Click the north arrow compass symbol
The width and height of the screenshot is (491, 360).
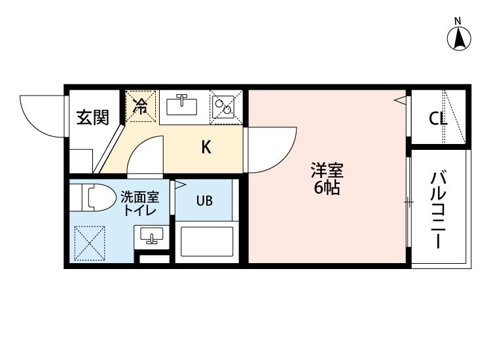pos(459,39)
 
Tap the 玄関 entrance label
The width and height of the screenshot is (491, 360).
pos(93,117)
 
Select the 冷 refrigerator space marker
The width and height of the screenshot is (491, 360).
pos(141,106)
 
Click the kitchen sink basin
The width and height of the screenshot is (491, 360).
pos(181,106)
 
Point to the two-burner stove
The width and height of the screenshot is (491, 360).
pos(223,107)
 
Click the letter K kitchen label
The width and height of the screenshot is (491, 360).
pos(206,147)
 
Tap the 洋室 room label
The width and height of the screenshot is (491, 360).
pos(327,170)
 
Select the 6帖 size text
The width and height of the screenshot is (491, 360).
pos(327,187)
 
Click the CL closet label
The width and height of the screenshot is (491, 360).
pos(438,118)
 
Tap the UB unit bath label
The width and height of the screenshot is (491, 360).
pos(204,201)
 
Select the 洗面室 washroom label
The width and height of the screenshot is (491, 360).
pos(140,197)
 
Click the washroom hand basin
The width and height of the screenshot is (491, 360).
pos(152,237)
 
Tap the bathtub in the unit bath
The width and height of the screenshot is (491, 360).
pos(207,242)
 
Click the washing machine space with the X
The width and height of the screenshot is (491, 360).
pos(89,243)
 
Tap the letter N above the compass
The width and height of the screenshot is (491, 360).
pos(458,22)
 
